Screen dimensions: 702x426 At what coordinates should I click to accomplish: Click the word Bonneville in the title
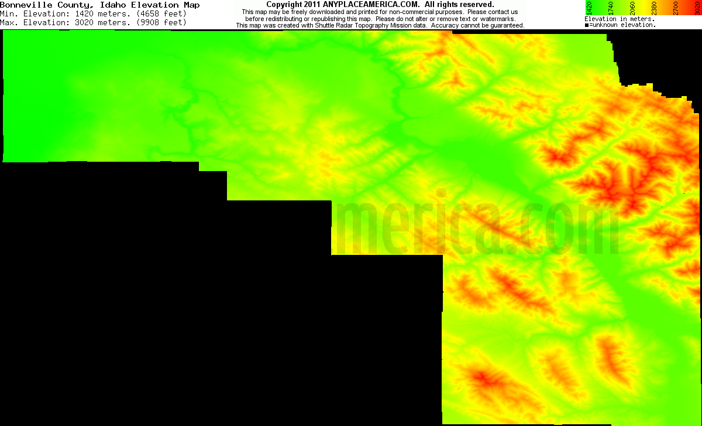point(24,5)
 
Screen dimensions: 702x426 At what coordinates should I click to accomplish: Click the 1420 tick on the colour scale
point(590,8)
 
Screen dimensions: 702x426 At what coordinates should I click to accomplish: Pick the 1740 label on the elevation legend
point(610,8)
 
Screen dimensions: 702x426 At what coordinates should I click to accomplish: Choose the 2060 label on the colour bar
point(632,8)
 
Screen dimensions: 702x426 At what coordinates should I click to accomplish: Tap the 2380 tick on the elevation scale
point(653,8)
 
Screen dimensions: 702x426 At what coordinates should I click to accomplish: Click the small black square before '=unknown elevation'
point(587,25)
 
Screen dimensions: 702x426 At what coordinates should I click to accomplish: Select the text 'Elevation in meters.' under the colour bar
point(620,19)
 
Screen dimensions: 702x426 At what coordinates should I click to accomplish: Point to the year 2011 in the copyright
point(311,5)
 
